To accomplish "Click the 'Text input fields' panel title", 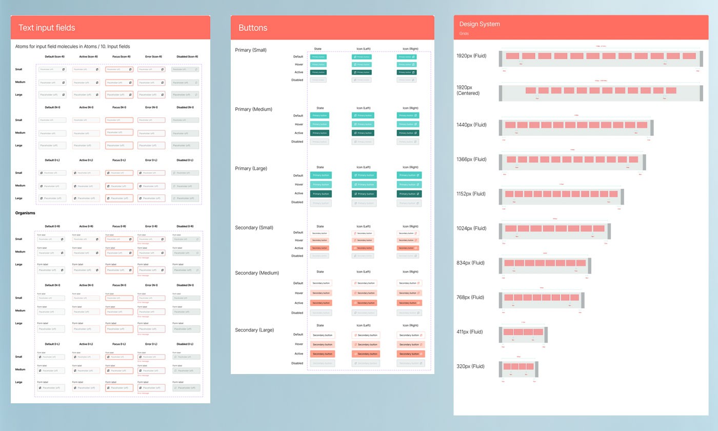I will click(x=47, y=28).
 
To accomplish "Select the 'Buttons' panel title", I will click(x=253, y=28).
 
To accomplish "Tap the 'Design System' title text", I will click(x=480, y=24).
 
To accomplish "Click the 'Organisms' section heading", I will click(x=25, y=213).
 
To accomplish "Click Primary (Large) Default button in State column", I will click(x=321, y=175).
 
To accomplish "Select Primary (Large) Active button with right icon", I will click(x=409, y=194).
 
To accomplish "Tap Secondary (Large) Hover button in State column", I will click(x=322, y=344).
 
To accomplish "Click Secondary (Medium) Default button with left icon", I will click(x=364, y=283).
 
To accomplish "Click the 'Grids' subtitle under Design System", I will click(x=464, y=34).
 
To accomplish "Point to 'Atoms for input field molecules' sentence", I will click(x=72, y=47).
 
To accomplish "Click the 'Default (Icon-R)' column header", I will click(x=55, y=56).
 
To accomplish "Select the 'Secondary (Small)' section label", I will click(x=255, y=227).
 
